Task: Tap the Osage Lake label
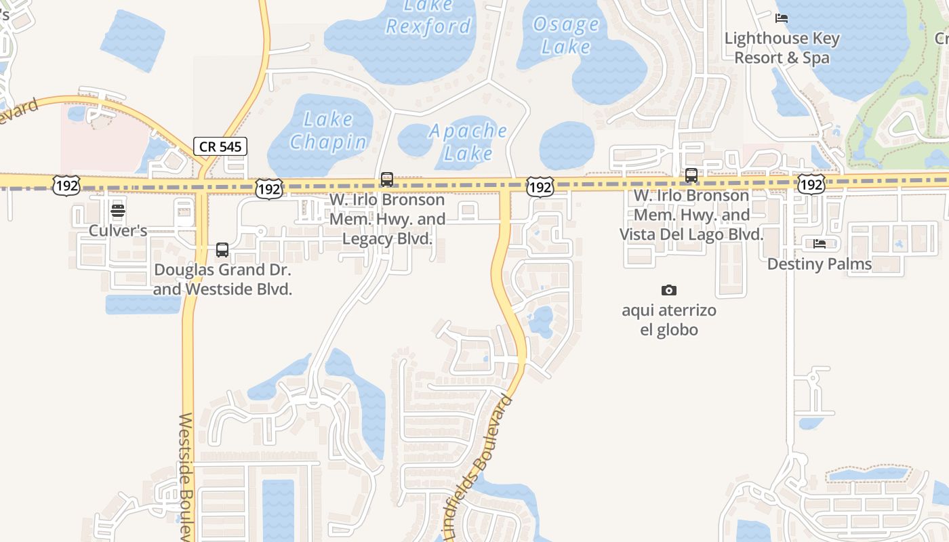[566, 35]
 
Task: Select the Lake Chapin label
[328, 131]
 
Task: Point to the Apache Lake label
[468, 142]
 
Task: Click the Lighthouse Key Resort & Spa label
[782, 48]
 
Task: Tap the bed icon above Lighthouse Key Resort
[782, 18]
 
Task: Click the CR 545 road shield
[220, 146]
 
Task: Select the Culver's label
[118, 230]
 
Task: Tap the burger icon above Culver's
[118, 210]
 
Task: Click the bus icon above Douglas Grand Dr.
[222, 250]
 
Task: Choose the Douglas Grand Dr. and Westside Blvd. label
[223, 279]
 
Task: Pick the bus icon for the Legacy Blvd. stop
[387, 180]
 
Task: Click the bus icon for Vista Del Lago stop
[691, 175]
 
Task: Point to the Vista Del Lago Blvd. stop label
[691, 215]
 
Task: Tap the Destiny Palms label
[819, 264]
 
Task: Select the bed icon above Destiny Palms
[819, 243]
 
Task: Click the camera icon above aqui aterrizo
[669, 291]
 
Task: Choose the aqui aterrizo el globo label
[669, 320]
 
